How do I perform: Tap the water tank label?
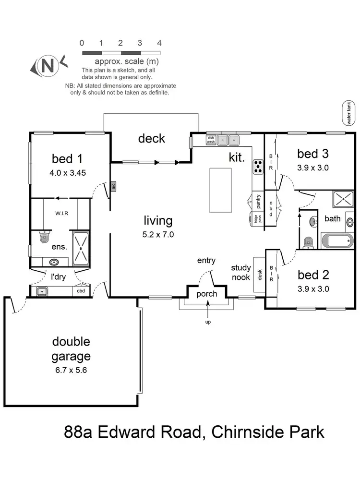tap(349, 113)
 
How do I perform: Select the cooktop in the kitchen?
tap(258, 166)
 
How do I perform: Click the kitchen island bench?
tap(220, 191)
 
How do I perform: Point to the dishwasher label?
tap(210, 140)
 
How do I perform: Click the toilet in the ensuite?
tap(44, 237)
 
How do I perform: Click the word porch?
tap(207, 294)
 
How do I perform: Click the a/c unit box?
tap(113, 186)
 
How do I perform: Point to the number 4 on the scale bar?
tap(159, 43)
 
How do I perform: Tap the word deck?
tap(152, 139)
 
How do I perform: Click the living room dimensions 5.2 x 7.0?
tap(158, 235)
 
